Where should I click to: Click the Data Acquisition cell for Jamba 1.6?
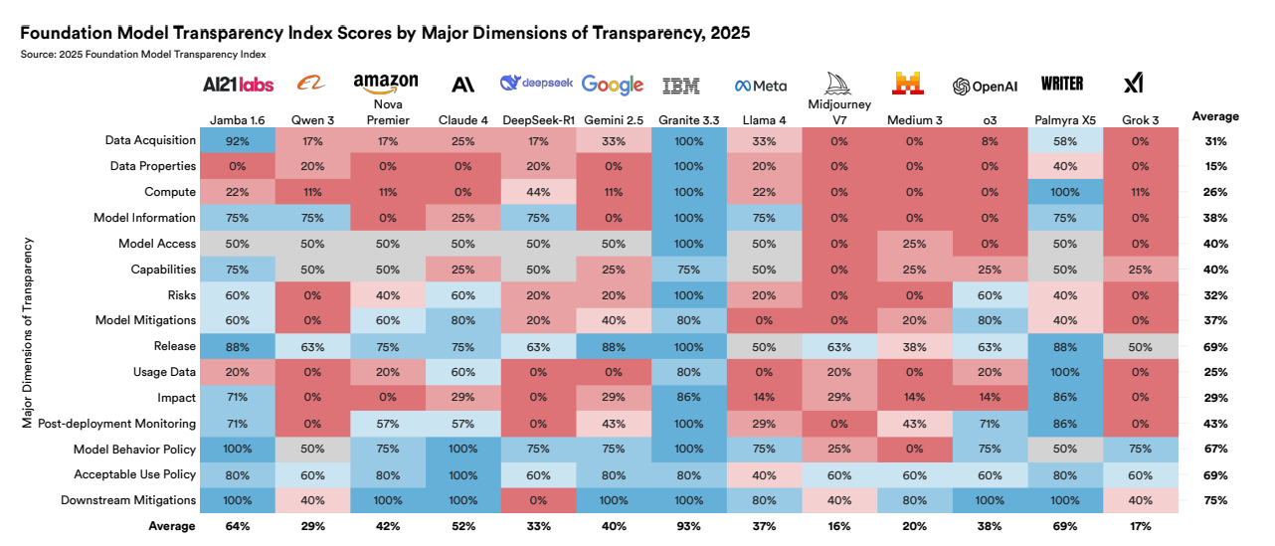point(237,140)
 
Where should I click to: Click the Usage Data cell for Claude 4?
point(462,372)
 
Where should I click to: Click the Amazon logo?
point(386,83)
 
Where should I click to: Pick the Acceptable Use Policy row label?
point(134,474)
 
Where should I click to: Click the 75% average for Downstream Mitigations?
point(1215,500)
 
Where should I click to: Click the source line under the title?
point(142,54)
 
